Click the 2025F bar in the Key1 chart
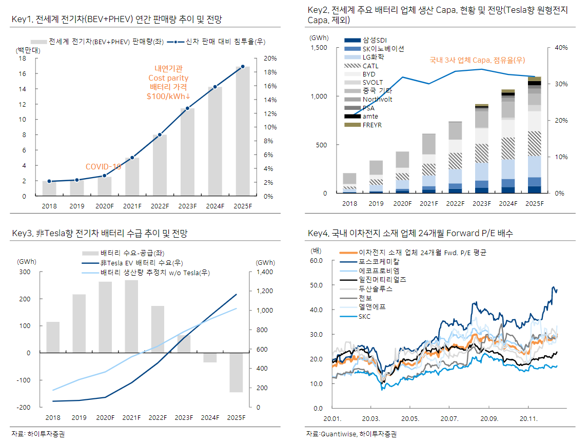(243, 131)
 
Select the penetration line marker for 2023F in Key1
(187, 108)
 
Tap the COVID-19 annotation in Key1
(103, 167)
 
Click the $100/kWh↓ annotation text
(168, 96)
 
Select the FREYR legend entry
(372, 125)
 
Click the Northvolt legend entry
(377, 99)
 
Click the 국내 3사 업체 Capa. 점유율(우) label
(477, 61)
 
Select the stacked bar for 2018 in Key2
(349, 183)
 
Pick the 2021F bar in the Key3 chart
(131, 316)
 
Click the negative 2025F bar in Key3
(236, 372)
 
